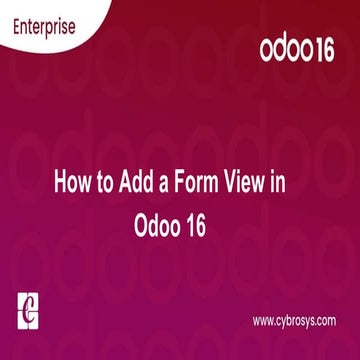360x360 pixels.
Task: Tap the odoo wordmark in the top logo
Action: (x=287, y=51)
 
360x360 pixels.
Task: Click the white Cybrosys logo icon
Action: (x=27, y=309)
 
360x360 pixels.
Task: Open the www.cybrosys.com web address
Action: (x=293, y=321)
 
